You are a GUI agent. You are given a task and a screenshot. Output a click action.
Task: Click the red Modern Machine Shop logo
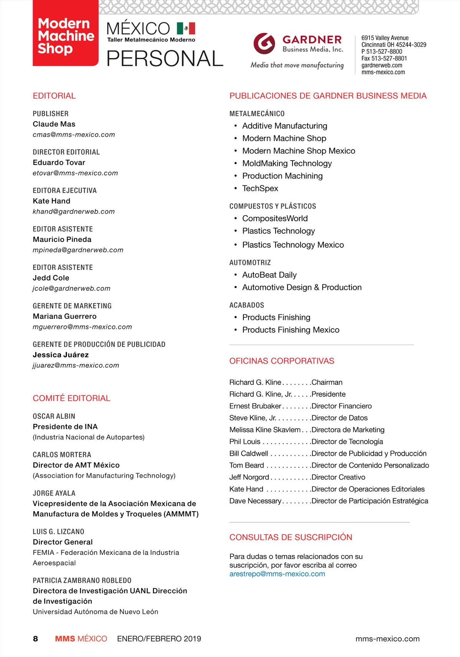point(66,36)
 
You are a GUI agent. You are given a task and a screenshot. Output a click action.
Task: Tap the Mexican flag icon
point(186,28)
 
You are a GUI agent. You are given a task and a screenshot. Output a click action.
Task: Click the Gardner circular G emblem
point(264,43)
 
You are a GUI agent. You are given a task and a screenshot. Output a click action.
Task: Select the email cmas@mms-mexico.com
point(74,135)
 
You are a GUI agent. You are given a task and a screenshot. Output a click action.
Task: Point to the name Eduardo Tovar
point(59,163)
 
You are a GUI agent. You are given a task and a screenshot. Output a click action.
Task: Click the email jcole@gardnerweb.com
point(72,288)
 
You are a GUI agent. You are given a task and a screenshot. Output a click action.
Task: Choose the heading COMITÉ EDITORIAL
point(72,398)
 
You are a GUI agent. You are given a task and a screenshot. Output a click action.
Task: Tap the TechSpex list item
point(260,188)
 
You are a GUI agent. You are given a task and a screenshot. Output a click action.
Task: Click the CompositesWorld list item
point(275,218)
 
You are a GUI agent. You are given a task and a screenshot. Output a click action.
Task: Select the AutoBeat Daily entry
point(269,275)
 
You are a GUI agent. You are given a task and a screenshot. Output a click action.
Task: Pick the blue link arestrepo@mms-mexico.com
point(277,574)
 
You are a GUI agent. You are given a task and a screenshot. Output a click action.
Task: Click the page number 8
point(35,639)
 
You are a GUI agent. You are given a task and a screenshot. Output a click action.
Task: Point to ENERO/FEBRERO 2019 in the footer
point(159,639)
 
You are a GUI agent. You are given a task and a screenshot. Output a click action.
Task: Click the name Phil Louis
point(245,442)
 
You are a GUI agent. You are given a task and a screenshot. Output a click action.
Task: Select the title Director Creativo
point(338,477)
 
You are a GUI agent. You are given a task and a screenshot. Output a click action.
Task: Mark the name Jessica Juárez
point(61,355)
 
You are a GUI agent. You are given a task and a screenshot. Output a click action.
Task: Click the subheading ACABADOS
point(246,305)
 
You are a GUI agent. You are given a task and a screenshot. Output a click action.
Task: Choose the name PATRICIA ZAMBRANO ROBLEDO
point(82,580)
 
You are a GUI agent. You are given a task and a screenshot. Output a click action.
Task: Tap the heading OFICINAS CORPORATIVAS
point(282,361)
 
